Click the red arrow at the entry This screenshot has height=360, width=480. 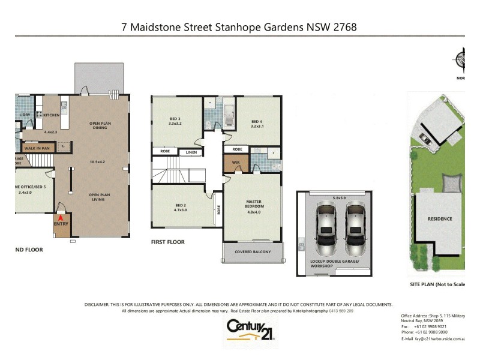pyautogui.click(x=60, y=217)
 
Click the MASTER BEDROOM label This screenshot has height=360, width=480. pyautogui.click(x=254, y=204)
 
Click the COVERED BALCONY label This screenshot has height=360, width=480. pyautogui.click(x=253, y=252)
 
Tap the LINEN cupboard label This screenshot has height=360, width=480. pyautogui.click(x=191, y=152)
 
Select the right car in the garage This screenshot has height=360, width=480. pyautogui.click(x=355, y=227)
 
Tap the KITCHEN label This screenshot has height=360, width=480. pyautogui.click(x=52, y=115)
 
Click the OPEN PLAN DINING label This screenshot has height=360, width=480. pyautogui.click(x=101, y=125)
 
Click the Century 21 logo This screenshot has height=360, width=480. pyautogui.click(x=250, y=330)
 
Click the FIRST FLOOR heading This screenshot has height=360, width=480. pyautogui.click(x=167, y=242)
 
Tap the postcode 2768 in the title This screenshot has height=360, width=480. pyautogui.click(x=346, y=28)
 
